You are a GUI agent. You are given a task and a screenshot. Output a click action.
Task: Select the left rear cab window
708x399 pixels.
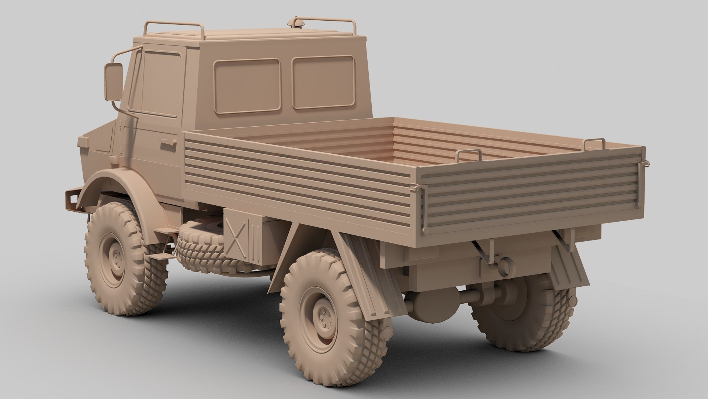coord(247,86)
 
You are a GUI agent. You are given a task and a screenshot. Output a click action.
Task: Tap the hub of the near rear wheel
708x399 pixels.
coord(324,318)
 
